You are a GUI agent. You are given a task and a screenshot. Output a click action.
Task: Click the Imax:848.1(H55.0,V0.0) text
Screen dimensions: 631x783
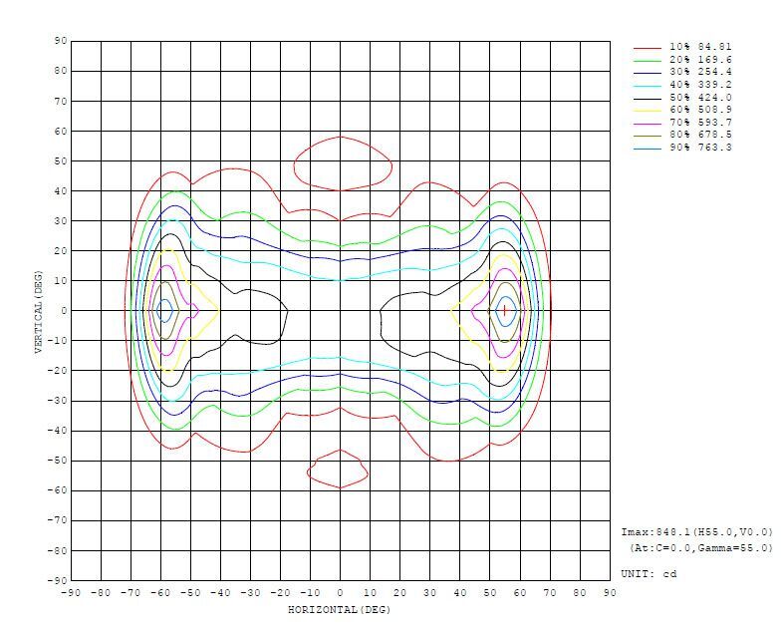pyautogui.click(x=696, y=532)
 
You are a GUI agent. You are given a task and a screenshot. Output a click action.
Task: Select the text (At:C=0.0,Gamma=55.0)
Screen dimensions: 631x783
pyautogui.click(x=700, y=548)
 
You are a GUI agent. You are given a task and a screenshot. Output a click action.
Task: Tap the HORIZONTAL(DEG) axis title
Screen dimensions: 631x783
pyautogui.click(x=339, y=608)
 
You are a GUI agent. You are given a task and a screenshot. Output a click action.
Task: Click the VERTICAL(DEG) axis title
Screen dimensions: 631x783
pyautogui.click(x=38, y=310)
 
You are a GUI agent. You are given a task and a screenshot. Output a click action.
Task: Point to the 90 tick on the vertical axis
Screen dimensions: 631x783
pyautogui.click(x=60, y=41)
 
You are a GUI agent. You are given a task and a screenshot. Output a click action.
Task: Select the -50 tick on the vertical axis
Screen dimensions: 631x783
pyautogui.click(x=57, y=461)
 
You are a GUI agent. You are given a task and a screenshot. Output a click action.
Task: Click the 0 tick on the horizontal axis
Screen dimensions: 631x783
pyautogui.click(x=341, y=593)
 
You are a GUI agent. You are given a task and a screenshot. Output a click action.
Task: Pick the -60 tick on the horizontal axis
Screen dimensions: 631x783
pyautogui.click(x=160, y=593)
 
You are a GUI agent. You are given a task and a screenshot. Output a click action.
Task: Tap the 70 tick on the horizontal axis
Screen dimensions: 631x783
pyautogui.click(x=550, y=593)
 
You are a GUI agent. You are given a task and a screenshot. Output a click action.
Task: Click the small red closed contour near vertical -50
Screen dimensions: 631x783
pyautogui.click(x=340, y=470)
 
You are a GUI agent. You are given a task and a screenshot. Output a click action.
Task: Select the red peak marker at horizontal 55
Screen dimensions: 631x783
pyautogui.click(x=505, y=310)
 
